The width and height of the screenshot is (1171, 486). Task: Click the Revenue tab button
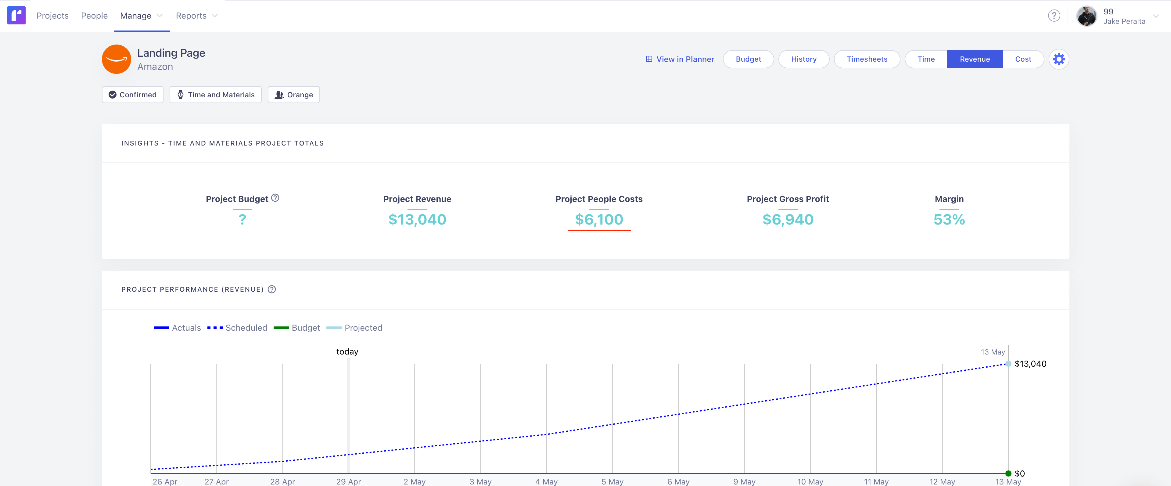tap(974, 59)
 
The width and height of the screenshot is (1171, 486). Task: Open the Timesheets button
tap(867, 59)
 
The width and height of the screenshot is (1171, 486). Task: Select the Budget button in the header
tap(748, 59)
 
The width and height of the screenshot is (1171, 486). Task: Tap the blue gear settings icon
tap(1059, 59)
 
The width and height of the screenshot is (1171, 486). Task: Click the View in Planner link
tap(680, 59)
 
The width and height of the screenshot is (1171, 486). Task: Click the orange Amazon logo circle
tap(117, 59)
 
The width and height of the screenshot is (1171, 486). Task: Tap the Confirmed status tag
tap(132, 95)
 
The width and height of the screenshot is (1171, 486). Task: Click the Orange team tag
tap(294, 95)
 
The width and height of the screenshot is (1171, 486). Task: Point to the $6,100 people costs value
tap(599, 220)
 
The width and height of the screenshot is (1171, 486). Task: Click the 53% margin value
tap(949, 220)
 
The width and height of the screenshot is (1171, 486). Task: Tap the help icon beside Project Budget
tap(275, 198)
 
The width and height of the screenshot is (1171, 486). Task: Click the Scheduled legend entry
tap(237, 328)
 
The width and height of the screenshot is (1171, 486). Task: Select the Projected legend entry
tap(354, 328)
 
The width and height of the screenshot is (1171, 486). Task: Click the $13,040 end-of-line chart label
tap(1030, 364)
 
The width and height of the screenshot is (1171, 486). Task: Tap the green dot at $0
tap(1008, 473)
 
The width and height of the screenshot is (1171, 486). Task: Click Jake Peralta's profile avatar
tap(1087, 16)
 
